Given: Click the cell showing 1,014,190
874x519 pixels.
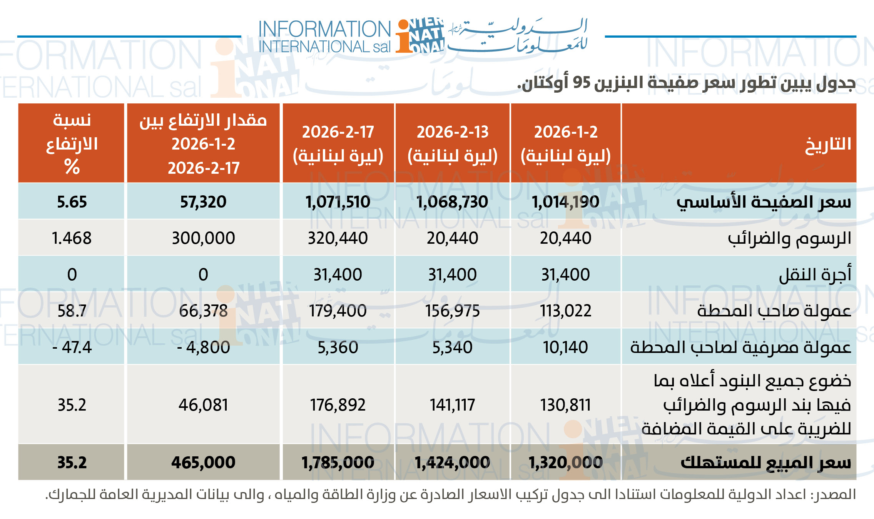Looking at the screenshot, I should tap(565, 202).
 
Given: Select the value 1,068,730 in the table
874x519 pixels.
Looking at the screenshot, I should tap(452, 202).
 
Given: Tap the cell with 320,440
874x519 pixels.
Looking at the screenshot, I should tap(338, 238).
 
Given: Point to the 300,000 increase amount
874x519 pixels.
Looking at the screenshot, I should tap(203, 238).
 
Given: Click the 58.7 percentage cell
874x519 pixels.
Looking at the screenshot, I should tap(72, 311).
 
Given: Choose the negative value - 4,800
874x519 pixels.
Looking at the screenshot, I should tap(203, 348).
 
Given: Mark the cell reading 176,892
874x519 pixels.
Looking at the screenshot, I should tap(338, 405).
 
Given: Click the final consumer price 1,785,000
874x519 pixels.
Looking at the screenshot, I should tap(338, 462).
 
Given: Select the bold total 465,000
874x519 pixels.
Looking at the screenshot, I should tap(203, 462).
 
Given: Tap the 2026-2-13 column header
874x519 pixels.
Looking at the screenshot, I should tap(452, 143).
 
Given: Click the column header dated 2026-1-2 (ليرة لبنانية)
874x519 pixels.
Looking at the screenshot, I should tap(565, 143).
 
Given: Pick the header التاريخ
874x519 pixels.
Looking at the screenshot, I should tap(828, 145).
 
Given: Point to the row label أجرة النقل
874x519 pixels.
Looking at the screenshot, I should tap(815, 274).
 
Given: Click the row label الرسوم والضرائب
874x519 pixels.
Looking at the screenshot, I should tap(789, 238).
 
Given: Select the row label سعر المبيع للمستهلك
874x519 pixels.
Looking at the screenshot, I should tap(766, 462).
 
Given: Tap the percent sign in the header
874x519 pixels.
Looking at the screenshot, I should tap(72, 167).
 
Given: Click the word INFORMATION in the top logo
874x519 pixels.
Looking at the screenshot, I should tap(324, 29).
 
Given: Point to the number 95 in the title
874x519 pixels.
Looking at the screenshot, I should tap(581, 83).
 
